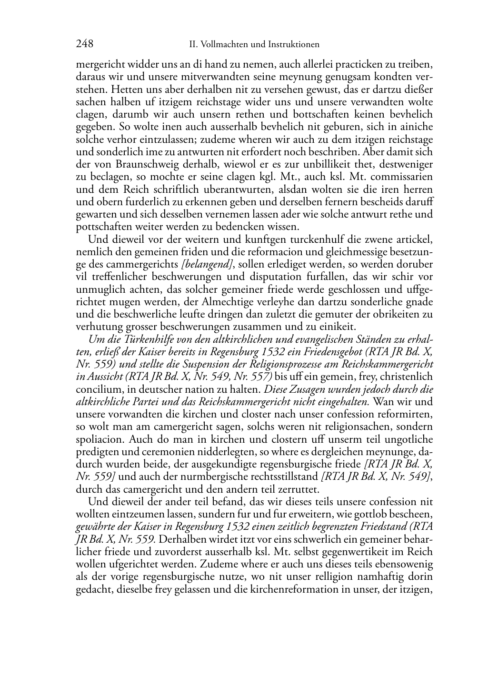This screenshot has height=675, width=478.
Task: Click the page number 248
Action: pos(84,44)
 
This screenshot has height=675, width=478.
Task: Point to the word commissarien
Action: pos(407,177)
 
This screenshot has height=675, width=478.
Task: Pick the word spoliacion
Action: pos(100,438)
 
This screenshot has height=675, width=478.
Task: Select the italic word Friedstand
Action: pos(386,526)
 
